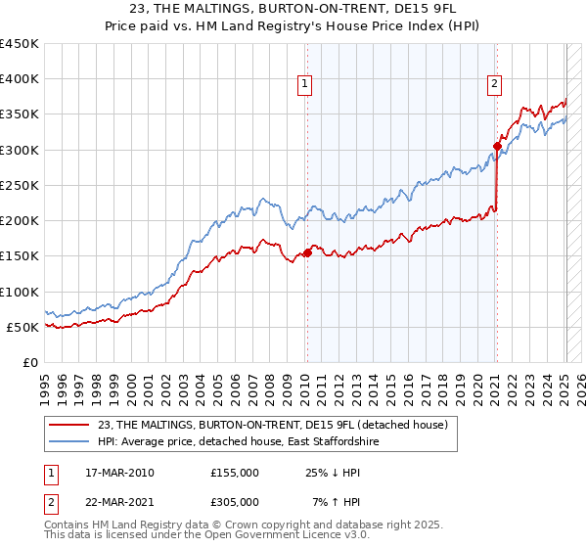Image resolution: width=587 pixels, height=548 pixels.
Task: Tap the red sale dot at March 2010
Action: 307,252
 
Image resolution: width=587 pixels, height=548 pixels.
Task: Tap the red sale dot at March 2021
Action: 497,147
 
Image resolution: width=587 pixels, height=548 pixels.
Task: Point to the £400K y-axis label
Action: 20,79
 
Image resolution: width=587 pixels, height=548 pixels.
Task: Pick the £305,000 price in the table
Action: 235,502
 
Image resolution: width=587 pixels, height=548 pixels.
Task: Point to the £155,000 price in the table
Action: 235,473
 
